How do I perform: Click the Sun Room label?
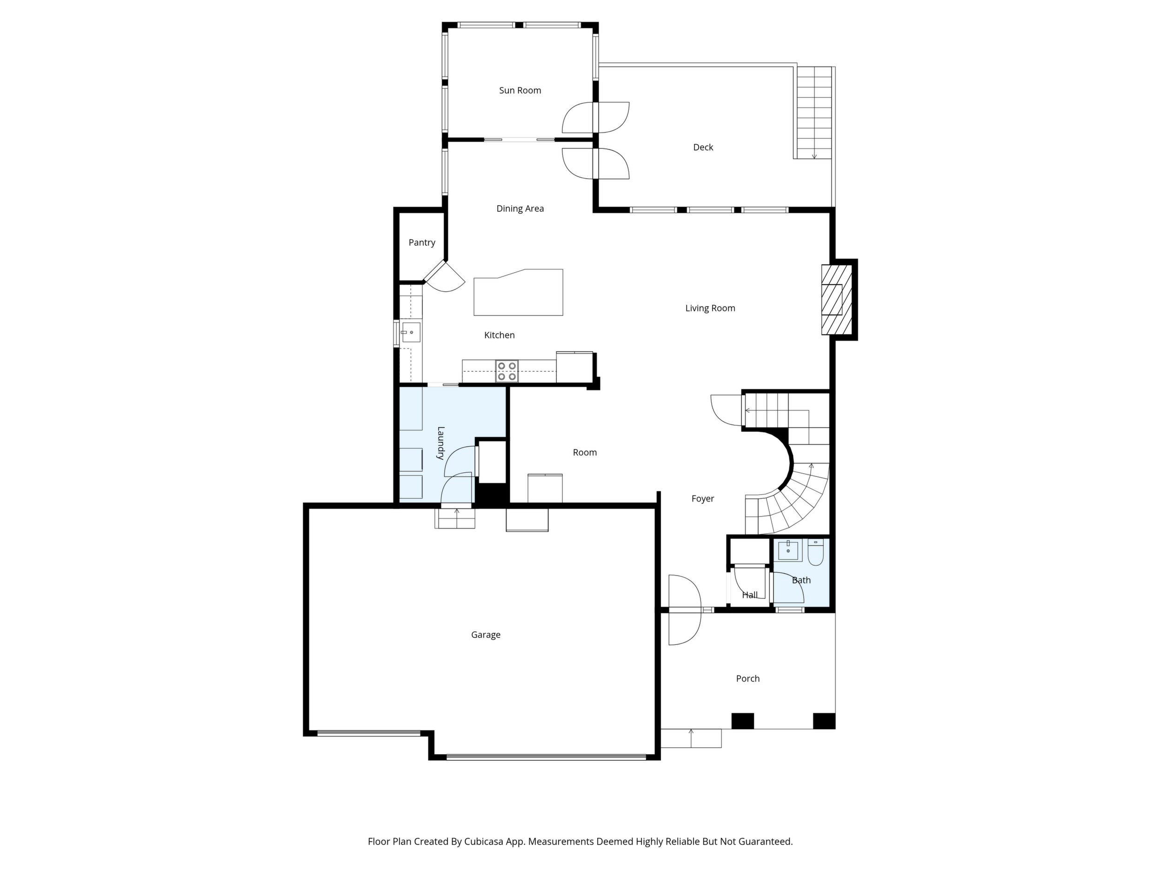(x=520, y=90)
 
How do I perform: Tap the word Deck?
(x=703, y=147)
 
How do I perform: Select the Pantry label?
(x=422, y=242)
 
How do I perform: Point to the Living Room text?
(x=710, y=308)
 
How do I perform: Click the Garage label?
(x=486, y=635)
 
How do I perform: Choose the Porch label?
(x=748, y=678)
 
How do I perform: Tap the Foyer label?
(x=703, y=499)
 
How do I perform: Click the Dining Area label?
(x=520, y=208)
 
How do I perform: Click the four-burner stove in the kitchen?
(x=507, y=371)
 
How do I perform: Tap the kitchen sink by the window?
(x=411, y=332)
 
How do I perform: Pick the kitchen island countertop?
(x=519, y=293)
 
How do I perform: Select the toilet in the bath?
(x=815, y=552)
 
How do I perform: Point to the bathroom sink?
(x=788, y=550)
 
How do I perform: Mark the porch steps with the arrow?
(x=691, y=738)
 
